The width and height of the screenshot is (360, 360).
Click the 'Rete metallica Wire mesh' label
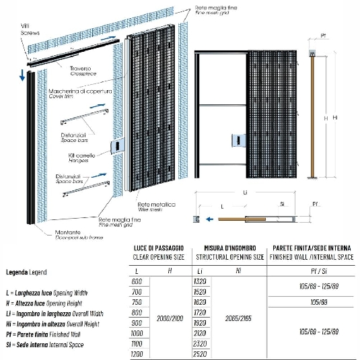(156, 206)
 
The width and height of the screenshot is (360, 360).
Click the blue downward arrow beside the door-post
(22, 73)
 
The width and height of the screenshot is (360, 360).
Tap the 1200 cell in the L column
(138, 353)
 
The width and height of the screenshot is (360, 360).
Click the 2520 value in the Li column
(199, 353)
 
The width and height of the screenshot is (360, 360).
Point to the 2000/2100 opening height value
(168, 317)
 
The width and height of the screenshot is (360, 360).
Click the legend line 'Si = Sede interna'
(40, 345)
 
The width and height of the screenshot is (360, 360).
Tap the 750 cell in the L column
(138, 302)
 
